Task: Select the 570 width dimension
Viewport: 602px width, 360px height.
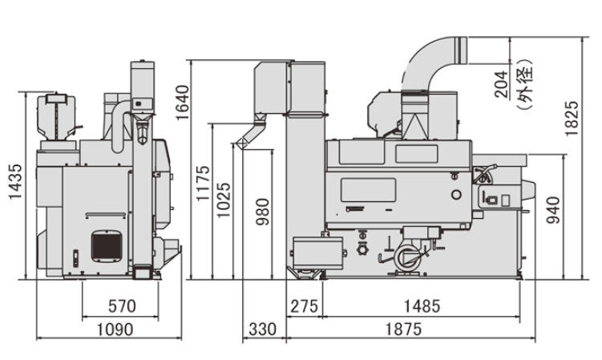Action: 121,305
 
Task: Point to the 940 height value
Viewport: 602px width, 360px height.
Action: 552,209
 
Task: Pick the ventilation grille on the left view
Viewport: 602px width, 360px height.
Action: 105,244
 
